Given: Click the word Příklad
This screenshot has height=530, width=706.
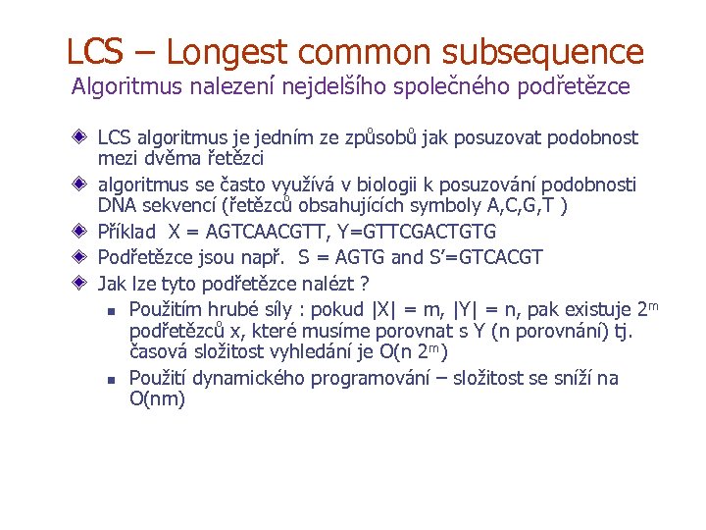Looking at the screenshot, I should coord(127,233).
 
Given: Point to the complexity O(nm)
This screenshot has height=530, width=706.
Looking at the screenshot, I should coord(157,399).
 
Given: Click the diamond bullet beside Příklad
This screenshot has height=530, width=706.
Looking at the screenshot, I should coord(79,233).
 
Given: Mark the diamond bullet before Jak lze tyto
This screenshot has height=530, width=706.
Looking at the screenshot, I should coord(79,284).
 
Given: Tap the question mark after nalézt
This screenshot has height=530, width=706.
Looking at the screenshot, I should coord(364,284).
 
